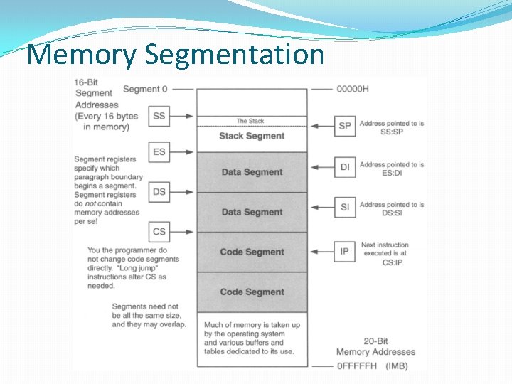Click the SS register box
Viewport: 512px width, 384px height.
(x=159, y=116)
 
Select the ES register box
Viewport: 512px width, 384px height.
(x=159, y=151)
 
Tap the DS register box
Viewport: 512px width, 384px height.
(x=159, y=192)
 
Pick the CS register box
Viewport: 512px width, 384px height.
(x=159, y=232)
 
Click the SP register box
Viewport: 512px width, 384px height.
(x=345, y=126)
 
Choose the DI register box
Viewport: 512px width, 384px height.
(x=345, y=167)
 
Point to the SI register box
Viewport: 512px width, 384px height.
(x=345, y=207)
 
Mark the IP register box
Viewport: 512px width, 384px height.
(x=345, y=251)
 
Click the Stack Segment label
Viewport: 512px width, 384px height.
(x=252, y=136)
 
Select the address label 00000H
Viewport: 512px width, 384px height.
(x=353, y=90)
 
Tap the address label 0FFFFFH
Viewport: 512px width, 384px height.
(x=358, y=366)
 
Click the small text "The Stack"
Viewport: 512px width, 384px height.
(x=250, y=121)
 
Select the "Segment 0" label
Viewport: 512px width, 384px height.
(x=145, y=90)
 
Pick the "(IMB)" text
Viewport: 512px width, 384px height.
(x=401, y=366)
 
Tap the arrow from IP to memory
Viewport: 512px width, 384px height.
(x=322, y=251)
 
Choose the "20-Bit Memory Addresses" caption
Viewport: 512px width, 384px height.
(x=375, y=346)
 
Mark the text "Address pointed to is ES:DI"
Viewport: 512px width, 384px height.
(x=392, y=168)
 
